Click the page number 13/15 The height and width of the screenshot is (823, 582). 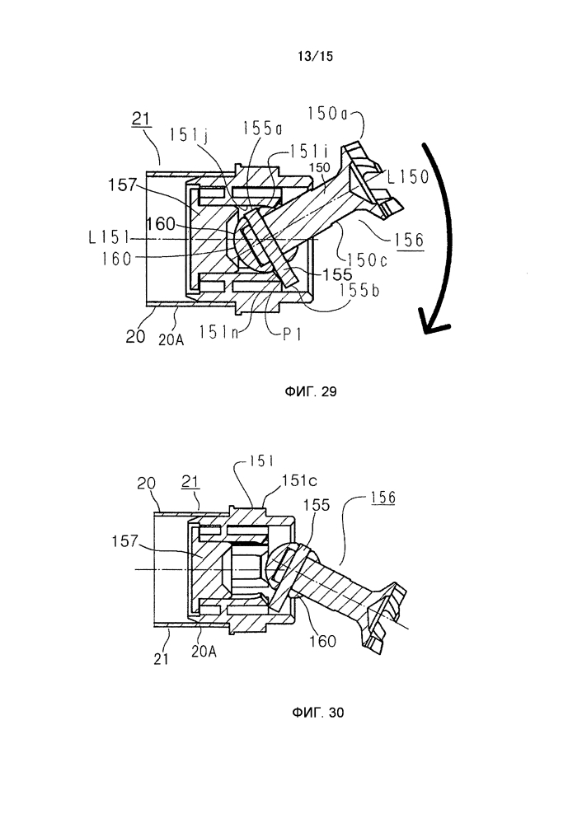(x=315, y=56)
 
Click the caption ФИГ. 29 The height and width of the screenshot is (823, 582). (x=311, y=391)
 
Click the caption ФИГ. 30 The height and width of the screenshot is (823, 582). (x=317, y=713)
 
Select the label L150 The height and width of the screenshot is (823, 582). (x=408, y=176)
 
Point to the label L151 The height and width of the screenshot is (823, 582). (x=109, y=238)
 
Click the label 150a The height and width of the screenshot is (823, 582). (x=328, y=114)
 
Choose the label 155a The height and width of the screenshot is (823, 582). (x=263, y=128)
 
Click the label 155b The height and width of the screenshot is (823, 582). (x=359, y=290)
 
